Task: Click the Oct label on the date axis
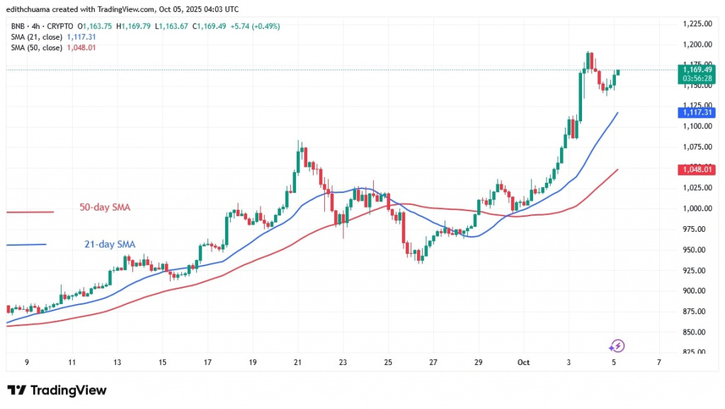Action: pyautogui.click(x=523, y=362)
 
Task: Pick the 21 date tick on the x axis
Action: pyautogui.click(x=298, y=362)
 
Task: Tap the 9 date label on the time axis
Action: pyautogui.click(x=26, y=362)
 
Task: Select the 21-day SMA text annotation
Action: pyautogui.click(x=110, y=245)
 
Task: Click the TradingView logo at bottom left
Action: pyautogui.click(x=57, y=391)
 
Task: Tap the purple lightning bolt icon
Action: pyautogui.click(x=617, y=346)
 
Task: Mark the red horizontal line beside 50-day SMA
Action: pyautogui.click(x=30, y=212)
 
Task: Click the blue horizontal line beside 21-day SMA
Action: pyautogui.click(x=25, y=245)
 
